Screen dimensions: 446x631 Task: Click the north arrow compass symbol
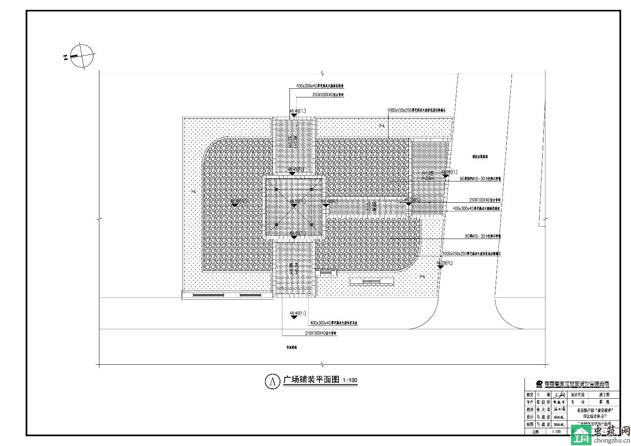click(82, 56)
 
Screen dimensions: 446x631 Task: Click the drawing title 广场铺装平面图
click(311, 380)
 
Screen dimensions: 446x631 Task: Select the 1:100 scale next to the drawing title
click(350, 381)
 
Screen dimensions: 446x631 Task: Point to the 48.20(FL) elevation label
click(444, 263)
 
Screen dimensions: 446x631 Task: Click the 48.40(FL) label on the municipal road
click(298, 314)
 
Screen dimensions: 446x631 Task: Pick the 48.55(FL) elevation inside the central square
click(298, 202)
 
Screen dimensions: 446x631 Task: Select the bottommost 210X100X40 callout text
click(321, 333)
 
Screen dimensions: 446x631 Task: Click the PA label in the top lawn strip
click(382, 126)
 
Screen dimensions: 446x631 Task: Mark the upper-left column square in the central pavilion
click(276, 190)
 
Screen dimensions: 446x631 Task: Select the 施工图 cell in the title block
click(604, 394)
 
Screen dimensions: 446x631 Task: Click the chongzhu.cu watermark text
click(608, 440)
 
